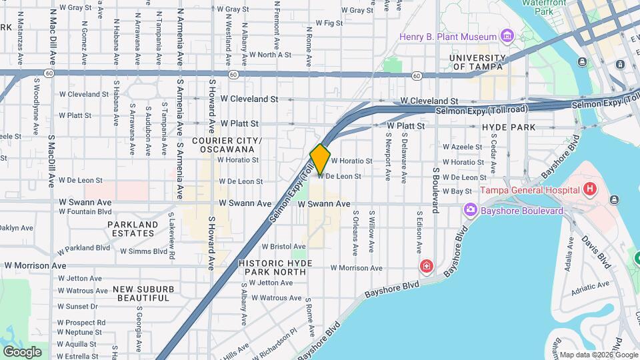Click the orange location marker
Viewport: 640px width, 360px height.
(x=320, y=159)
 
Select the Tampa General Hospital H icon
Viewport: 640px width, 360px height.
(x=589, y=190)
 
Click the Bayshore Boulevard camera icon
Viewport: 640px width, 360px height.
(x=471, y=211)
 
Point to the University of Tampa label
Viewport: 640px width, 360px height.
(x=477, y=63)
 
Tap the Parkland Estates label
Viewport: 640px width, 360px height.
(x=133, y=229)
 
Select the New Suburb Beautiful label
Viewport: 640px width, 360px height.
(x=143, y=293)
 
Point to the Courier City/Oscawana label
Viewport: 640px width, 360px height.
(x=227, y=145)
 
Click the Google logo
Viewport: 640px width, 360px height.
(x=22, y=351)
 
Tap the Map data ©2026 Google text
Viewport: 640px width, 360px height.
(x=590, y=355)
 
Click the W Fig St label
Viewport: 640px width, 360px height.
(x=329, y=23)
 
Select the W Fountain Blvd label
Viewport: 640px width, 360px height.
(x=85, y=212)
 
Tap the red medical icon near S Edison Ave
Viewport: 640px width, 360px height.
(x=426, y=267)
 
